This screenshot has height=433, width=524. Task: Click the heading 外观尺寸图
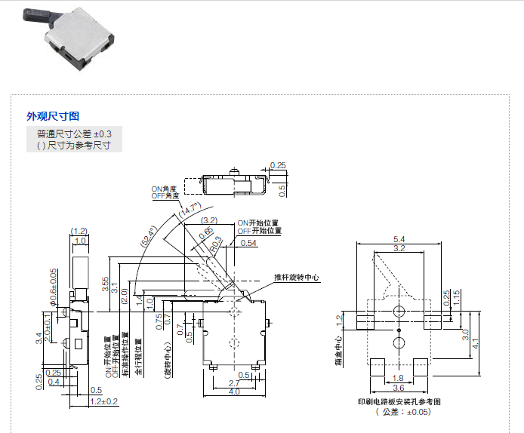(x=52, y=116)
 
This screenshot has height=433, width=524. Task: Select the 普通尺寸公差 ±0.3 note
(x=74, y=134)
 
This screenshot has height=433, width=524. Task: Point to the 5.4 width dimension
(x=399, y=240)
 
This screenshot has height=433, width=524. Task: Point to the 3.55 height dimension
(x=106, y=284)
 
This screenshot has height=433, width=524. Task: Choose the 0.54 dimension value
(x=249, y=243)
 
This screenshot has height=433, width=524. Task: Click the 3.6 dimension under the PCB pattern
(x=399, y=388)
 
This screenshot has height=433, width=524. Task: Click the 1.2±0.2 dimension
(x=103, y=401)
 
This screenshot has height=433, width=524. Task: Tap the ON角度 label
(x=164, y=189)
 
